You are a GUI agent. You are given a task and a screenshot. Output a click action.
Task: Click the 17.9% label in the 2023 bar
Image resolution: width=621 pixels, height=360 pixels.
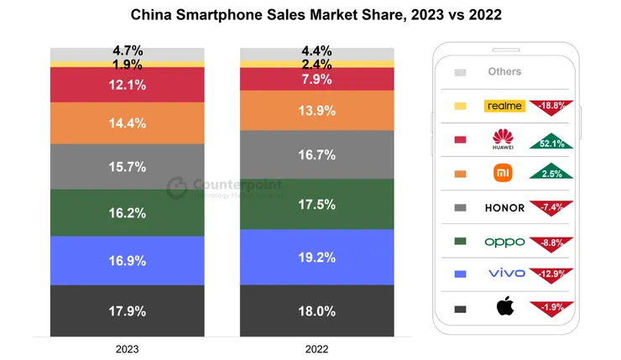click(x=128, y=311)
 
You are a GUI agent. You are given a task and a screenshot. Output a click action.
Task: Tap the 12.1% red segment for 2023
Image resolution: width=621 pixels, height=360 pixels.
click(x=128, y=85)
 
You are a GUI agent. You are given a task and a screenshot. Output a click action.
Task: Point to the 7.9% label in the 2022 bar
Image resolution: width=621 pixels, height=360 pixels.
click(x=317, y=79)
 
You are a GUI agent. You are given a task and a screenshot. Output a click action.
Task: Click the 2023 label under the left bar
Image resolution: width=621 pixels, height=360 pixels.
click(x=128, y=348)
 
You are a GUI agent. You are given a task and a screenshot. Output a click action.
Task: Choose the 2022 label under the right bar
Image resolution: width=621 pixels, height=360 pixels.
click(x=317, y=348)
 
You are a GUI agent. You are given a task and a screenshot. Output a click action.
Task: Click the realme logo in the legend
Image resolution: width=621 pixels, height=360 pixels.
click(x=504, y=106)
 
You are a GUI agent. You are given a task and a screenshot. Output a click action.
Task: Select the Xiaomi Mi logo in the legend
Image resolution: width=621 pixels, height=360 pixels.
click(x=504, y=174)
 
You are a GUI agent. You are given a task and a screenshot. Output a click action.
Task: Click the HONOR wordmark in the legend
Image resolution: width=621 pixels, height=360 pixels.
click(x=504, y=208)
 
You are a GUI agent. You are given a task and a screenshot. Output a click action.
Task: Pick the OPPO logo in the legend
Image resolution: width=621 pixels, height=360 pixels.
click(x=504, y=242)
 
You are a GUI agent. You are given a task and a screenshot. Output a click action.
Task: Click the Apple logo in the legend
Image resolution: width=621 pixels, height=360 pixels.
click(x=504, y=308)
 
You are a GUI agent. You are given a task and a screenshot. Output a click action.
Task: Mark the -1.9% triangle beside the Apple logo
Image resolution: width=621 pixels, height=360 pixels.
click(x=551, y=307)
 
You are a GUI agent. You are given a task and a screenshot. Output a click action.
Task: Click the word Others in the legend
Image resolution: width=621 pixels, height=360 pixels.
click(x=504, y=72)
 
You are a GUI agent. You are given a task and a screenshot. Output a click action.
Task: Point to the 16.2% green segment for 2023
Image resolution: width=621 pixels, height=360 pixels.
click(x=128, y=213)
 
